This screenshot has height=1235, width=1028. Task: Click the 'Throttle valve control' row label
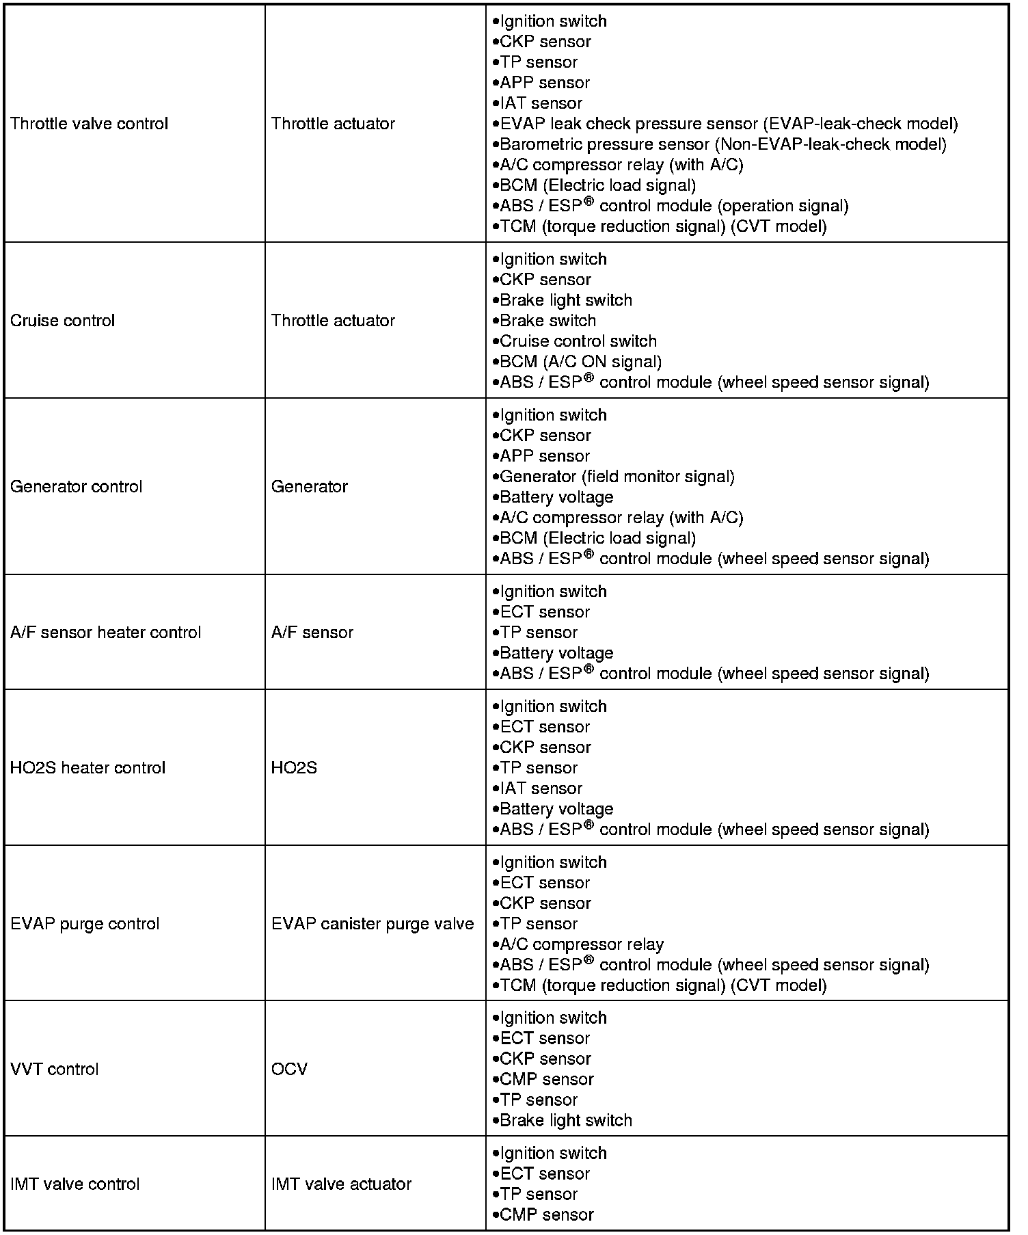[x=89, y=124]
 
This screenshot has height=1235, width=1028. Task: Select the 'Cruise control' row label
[x=62, y=321]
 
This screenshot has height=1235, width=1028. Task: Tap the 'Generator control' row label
[x=76, y=487]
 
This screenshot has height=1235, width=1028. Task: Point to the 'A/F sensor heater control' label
[x=105, y=633]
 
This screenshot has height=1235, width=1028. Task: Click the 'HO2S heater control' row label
[x=87, y=768]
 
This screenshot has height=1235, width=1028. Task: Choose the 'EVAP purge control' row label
[x=85, y=924]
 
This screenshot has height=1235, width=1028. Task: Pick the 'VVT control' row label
[x=54, y=1070]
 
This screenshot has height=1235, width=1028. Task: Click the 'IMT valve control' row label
[x=75, y=1184]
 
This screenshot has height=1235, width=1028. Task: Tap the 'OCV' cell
[x=289, y=1070]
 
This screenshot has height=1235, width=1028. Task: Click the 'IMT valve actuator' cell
[x=341, y=1184]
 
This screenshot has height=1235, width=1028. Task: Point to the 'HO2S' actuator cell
[x=294, y=768]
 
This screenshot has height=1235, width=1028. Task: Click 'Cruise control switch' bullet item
[x=578, y=341]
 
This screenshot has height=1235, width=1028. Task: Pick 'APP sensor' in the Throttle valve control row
[x=544, y=83]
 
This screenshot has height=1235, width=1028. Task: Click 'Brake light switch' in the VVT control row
[x=566, y=1121]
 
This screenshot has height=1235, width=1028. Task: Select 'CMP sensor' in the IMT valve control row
[x=547, y=1215]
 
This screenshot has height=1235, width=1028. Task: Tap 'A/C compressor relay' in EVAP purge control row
[x=581, y=944]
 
